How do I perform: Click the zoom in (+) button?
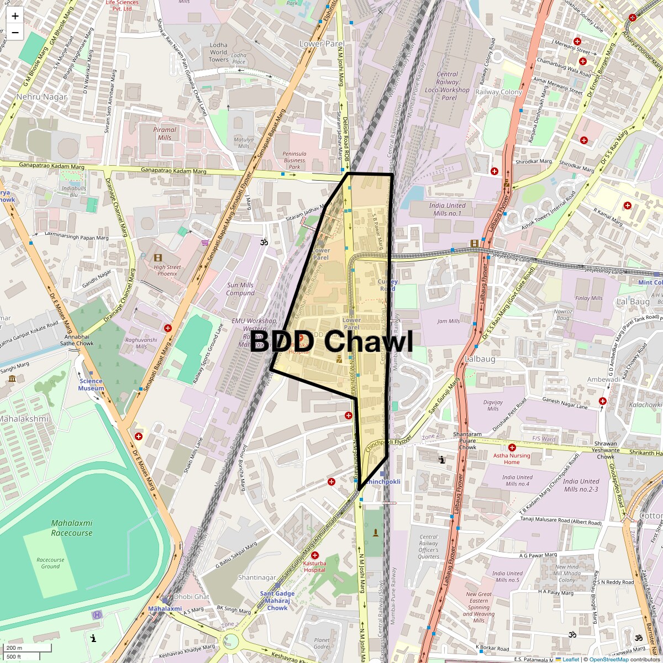[x=15, y=16]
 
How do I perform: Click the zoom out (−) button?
[x=15, y=33]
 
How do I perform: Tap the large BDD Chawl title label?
[x=331, y=342]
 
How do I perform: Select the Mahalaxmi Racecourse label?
[x=71, y=528]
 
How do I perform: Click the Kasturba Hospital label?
[x=314, y=566]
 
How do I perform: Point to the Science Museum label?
[x=91, y=385]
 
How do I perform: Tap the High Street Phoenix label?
[x=167, y=270]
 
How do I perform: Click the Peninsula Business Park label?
[x=294, y=160]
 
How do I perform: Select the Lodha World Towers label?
[x=218, y=52]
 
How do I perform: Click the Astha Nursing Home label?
[x=512, y=459]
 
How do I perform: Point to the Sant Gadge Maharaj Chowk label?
[x=277, y=601]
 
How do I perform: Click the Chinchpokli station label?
[x=383, y=482]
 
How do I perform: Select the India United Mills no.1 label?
[x=447, y=209]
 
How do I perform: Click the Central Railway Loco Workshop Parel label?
[x=447, y=86]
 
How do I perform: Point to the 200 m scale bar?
[x=28, y=648]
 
